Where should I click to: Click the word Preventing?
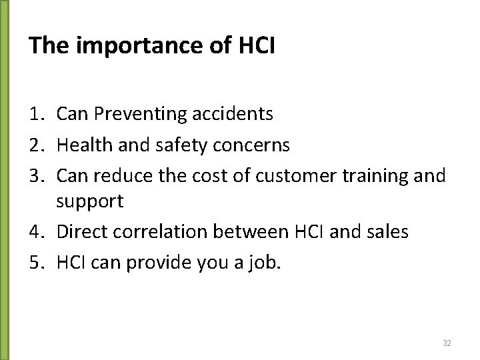[135, 115]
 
